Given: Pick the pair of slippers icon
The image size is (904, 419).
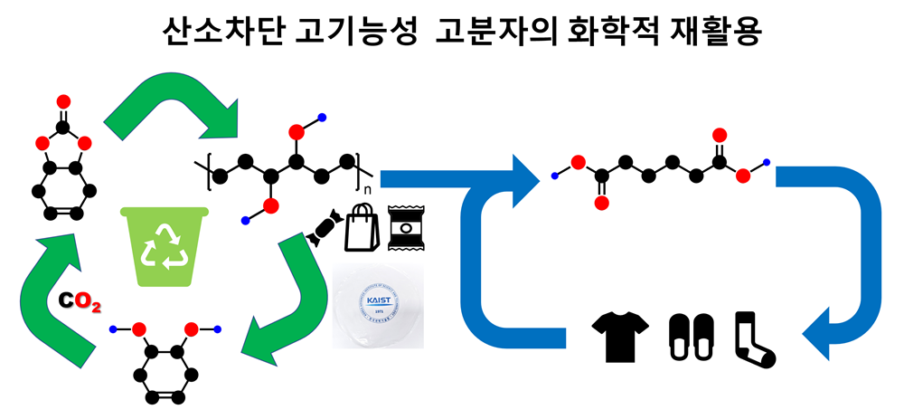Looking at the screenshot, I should point(692,338).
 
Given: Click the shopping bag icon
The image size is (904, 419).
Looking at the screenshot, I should point(363,228).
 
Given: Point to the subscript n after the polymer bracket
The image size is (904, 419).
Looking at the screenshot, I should point(367,192).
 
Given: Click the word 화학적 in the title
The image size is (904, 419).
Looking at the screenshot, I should point(598,34).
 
